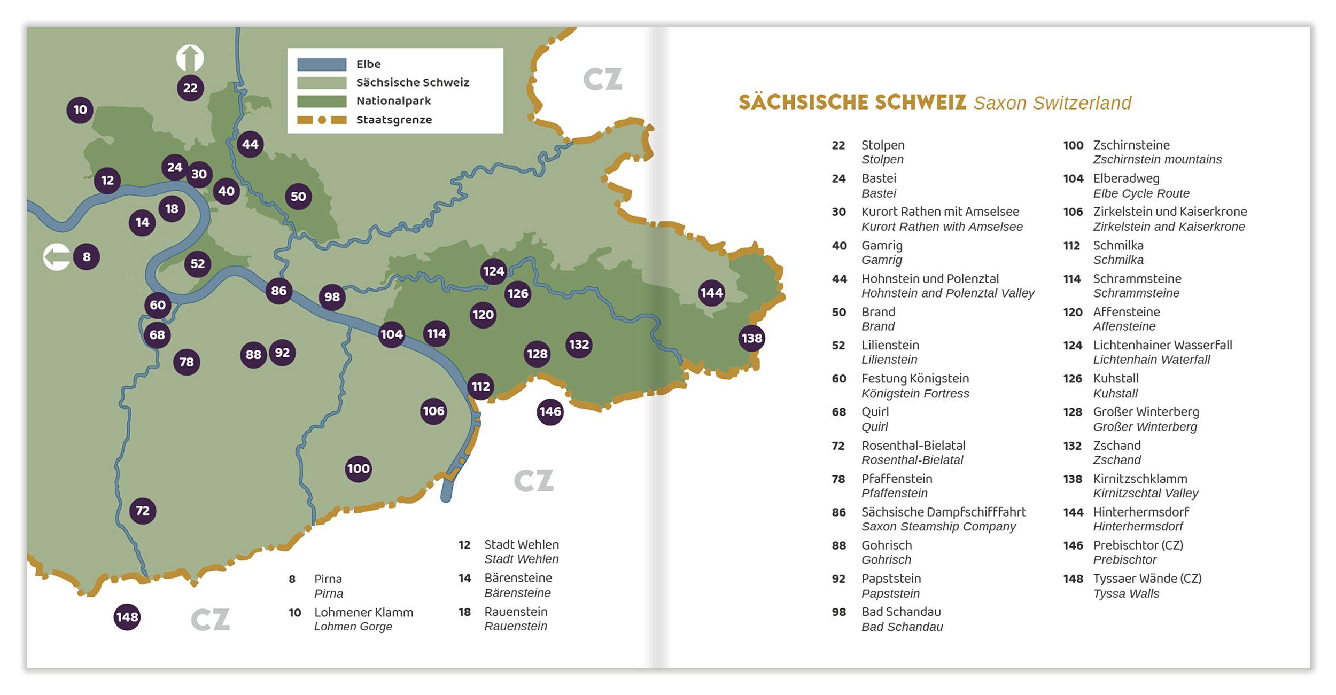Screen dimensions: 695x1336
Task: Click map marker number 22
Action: point(190,88)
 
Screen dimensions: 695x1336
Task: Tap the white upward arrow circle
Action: point(190,58)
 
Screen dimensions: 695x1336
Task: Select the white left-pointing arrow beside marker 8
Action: point(57,257)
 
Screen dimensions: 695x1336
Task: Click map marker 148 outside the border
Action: point(127,617)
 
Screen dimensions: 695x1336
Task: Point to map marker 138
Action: point(751,338)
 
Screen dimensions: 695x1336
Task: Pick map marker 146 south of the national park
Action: point(550,412)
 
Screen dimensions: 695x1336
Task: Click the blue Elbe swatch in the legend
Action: point(322,65)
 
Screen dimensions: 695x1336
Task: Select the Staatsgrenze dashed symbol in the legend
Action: point(322,120)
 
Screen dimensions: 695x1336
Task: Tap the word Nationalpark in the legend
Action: point(393,101)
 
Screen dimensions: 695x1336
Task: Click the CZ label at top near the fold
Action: point(602,80)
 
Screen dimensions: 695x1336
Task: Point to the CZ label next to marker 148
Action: point(210,620)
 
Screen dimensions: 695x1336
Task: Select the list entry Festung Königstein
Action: point(914,379)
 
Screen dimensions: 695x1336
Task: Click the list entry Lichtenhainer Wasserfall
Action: point(1162,345)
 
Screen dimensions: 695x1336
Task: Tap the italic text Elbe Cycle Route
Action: point(1141,193)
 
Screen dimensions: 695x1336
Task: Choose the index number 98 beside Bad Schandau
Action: point(838,612)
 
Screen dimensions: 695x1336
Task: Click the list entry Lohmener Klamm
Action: point(363,613)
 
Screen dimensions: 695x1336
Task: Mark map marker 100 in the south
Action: point(358,469)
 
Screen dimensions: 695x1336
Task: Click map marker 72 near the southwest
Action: point(143,511)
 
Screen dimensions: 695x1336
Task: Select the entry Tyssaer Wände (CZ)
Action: point(1147,579)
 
